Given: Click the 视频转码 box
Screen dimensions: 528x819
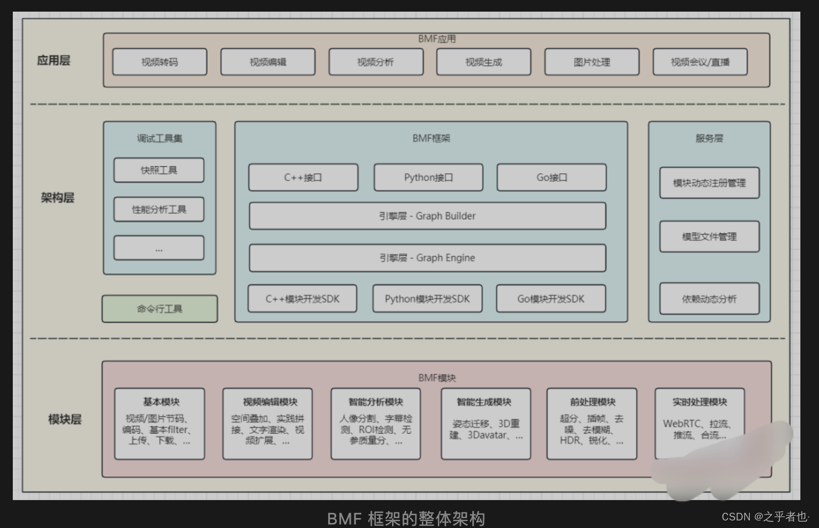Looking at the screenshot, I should pos(159,62).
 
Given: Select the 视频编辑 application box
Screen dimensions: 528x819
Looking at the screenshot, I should pos(268,62).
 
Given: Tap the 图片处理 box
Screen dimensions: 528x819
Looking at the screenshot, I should pos(592,62).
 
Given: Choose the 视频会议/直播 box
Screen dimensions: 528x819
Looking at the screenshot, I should pos(700,62).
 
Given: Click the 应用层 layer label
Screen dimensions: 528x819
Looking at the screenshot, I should pos(54,60).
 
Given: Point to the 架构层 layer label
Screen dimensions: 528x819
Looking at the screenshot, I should pos(58,198).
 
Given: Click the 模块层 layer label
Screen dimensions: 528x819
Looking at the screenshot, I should pos(65,419).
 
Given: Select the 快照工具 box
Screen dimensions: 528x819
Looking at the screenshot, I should pos(159,170).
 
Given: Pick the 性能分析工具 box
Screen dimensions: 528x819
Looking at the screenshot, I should pos(159,210).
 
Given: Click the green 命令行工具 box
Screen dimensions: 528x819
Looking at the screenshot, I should pos(159,309).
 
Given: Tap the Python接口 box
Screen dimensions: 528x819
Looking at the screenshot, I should pos(428,177).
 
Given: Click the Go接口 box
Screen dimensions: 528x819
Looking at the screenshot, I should pos(551,177).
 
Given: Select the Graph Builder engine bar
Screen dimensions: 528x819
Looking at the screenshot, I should pos(428,216).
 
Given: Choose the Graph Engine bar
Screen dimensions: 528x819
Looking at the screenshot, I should pos(428,258).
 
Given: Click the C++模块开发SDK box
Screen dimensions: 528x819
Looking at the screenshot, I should pos(302,299).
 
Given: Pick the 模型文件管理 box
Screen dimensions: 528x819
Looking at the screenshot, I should pos(709,237).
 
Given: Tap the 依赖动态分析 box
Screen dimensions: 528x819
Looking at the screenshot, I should pos(709,299).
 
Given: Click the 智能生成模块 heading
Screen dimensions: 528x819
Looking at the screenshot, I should pos(484,402).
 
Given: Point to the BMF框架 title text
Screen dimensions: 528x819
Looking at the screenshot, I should pos(431,138).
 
